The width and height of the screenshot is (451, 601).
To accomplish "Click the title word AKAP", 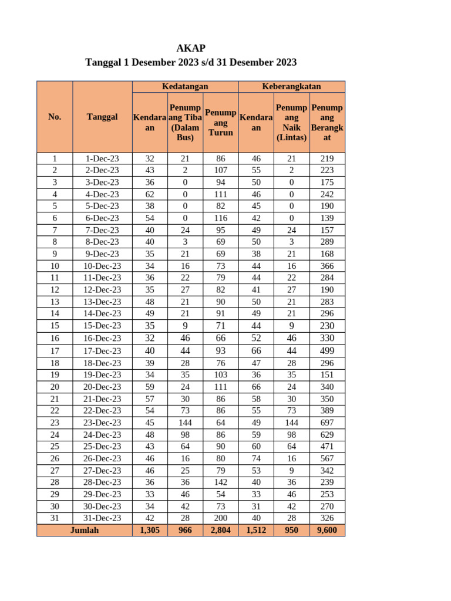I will pyautogui.click(x=191, y=48).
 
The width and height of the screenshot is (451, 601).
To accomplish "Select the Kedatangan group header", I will pyautogui.click(x=185, y=86).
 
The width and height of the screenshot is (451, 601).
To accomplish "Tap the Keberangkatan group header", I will pyautogui.click(x=291, y=86).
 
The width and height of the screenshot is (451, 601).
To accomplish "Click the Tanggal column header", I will pyautogui.click(x=102, y=117).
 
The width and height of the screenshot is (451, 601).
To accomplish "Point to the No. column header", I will pyautogui.click(x=55, y=117).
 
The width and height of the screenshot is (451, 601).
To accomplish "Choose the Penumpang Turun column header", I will pyautogui.click(x=220, y=122).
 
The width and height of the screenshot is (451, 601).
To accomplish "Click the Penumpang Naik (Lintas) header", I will pyautogui.click(x=291, y=122).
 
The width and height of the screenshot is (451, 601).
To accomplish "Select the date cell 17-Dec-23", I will pyautogui.click(x=102, y=350).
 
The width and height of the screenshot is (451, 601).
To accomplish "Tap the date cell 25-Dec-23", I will pyautogui.click(x=102, y=447).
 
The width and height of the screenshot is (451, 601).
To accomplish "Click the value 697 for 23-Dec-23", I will pyautogui.click(x=327, y=423).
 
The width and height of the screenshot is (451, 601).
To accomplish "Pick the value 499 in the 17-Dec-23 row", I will pyautogui.click(x=327, y=350).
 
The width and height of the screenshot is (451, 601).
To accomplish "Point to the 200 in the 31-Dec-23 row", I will pyautogui.click(x=220, y=518).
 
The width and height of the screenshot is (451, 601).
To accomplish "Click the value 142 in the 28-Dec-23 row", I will pyautogui.click(x=220, y=482).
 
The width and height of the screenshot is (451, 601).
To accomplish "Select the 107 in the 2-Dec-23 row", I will pyautogui.click(x=220, y=170).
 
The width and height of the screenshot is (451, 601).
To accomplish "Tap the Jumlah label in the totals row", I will pyautogui.click(x=85, y=530).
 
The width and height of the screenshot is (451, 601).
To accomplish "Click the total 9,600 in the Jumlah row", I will pyautogui.click(x=327, y=530).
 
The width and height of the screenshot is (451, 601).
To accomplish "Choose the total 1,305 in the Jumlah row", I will pyautogui.click(x=150, y=530).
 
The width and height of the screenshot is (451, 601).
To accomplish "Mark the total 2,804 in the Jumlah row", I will pyautogui.click(x=220, y=530).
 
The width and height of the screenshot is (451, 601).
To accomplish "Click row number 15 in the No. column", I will pyautogui.click(x=55, y=326).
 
